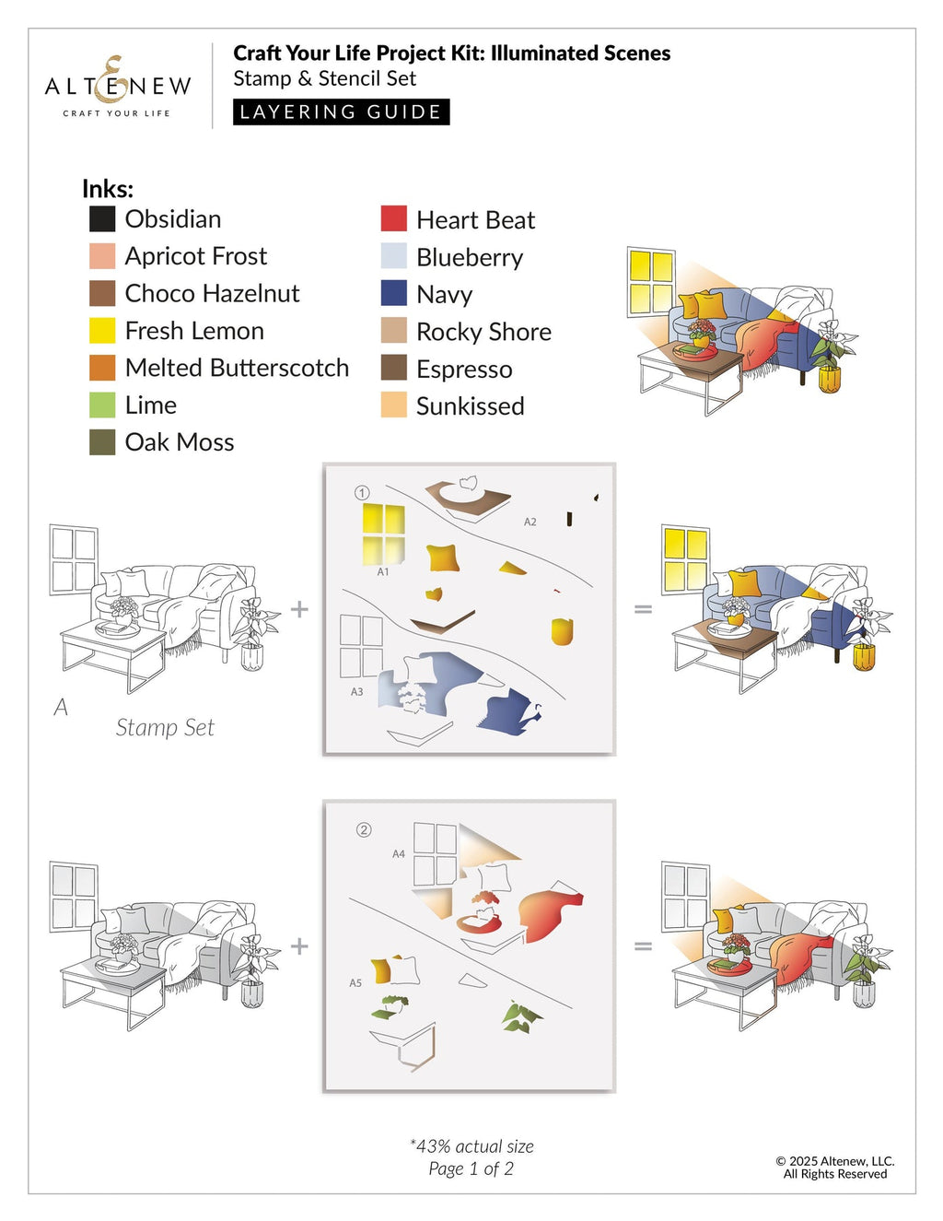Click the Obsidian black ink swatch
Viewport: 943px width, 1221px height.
(102, 219)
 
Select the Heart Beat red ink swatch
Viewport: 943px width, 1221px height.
(393, 219)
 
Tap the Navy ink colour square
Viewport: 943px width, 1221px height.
(393, 293)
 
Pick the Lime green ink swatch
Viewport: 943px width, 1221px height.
(102, 405)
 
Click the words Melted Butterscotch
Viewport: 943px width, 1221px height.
(237, 368)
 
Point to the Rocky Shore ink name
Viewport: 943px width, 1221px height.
(483, 332)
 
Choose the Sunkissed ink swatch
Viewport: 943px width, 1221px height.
(393, 405)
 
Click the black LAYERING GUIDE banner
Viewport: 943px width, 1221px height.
(341, 112)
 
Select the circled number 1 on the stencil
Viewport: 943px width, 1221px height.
(362, 493)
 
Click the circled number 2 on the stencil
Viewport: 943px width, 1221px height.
(364, 830)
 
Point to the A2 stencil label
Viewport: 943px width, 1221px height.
(530, 522)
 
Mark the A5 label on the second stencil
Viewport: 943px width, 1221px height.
(355, 983)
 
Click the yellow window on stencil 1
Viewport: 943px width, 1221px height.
(383, 532)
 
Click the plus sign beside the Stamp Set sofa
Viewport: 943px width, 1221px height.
(299, 608)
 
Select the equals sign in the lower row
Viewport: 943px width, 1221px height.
(643, 945)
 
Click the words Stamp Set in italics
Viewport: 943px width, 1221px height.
(165, 728)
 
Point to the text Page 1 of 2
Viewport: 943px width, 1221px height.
(471, 1169)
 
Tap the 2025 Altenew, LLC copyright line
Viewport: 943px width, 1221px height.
(834, 1161)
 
